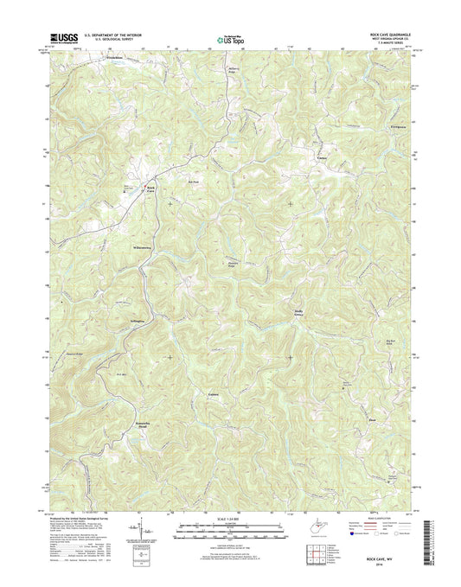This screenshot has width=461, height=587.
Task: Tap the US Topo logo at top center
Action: point(223,37)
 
